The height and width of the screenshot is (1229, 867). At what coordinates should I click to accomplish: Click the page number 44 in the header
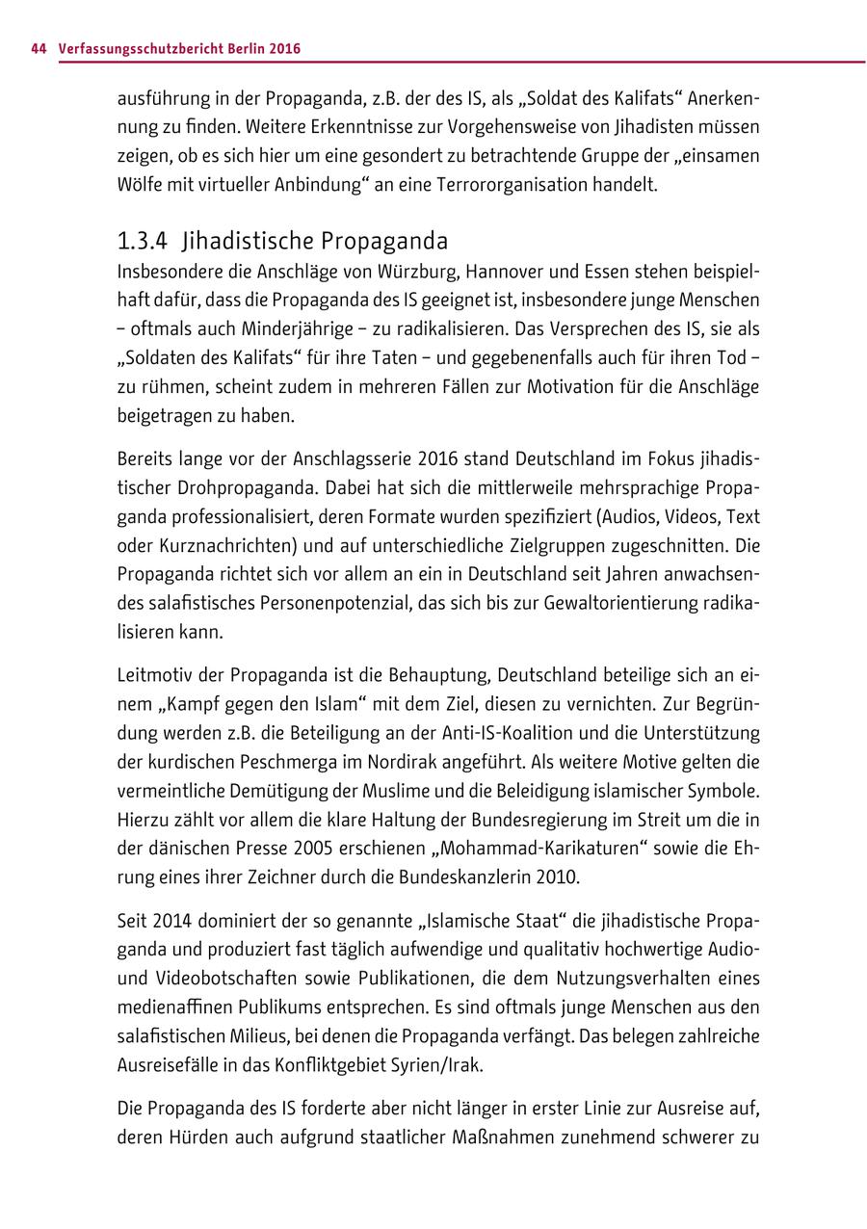39,48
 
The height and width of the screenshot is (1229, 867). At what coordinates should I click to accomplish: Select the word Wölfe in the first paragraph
139,184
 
